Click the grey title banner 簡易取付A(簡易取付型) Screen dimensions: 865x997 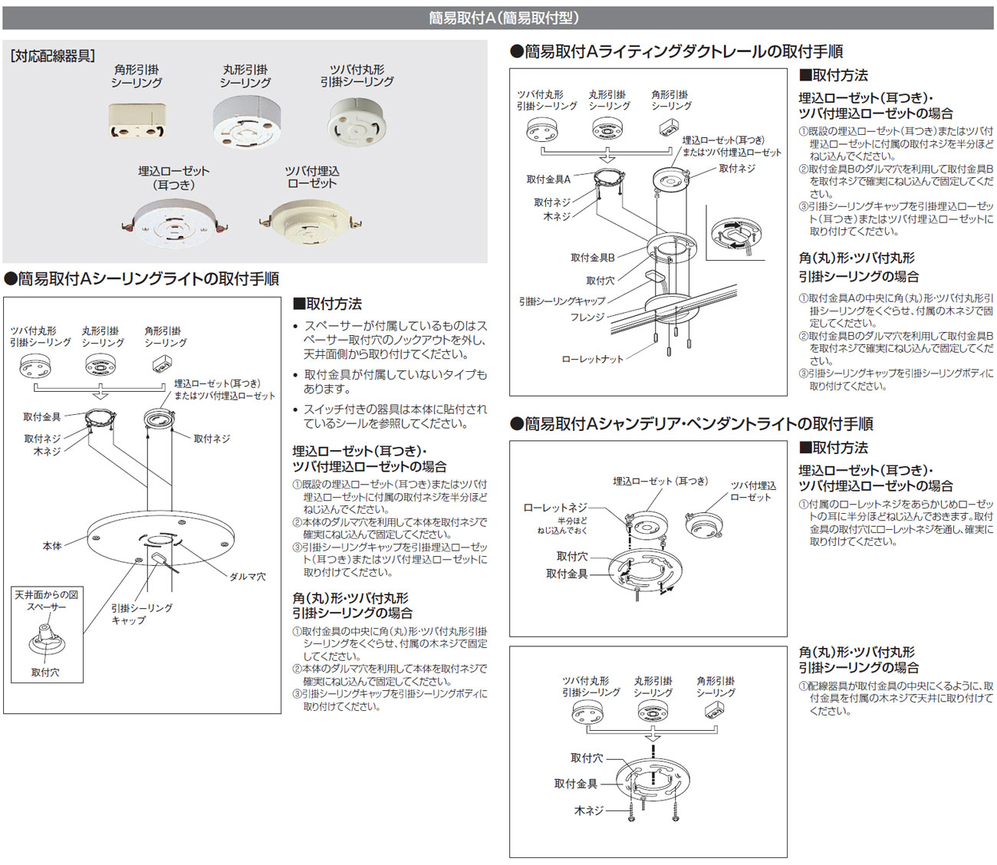[x=498, y=17]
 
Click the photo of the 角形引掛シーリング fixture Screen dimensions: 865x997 [x=135, y=121]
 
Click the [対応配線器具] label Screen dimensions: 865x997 [x=52, y=56]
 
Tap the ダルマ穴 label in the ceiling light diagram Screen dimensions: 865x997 [x=247, y=576]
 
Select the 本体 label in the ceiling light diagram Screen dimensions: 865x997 [x=52, y=546]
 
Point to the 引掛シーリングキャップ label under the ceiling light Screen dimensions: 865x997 [x=141, y=613]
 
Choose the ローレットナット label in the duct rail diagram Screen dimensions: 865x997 [x=592, y=359]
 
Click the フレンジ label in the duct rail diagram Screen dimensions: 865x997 [x=587, y=317]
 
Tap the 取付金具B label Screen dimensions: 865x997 [x=593, y=258]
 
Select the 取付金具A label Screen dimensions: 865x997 [x=548, y=179]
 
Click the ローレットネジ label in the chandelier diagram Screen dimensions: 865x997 [x=555, y=508]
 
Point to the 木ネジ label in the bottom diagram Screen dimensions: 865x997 [x=589, y=810]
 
